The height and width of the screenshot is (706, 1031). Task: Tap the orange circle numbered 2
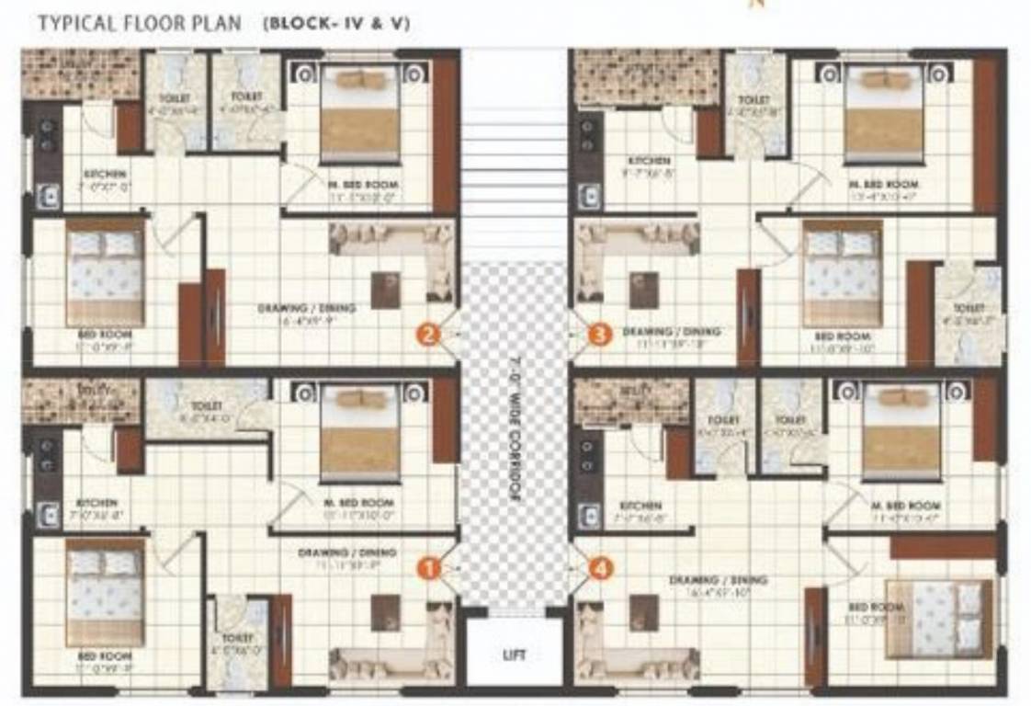point(427,335)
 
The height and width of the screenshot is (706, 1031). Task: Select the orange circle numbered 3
point(599,335)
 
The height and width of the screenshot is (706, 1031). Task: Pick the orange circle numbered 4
point(599,569)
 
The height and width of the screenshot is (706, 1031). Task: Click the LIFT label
point(515,655)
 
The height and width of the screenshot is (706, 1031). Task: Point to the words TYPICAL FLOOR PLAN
point(139,24)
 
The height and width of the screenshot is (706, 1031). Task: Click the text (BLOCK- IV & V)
point(336,24)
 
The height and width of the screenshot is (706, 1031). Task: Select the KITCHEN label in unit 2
point(105,174)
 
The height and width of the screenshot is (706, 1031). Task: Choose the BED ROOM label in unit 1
point(104,656)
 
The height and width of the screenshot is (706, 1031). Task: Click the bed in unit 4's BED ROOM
point(938,619)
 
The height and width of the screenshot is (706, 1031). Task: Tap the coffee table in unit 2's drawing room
point(385,290)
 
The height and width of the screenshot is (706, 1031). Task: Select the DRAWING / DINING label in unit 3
point(672,331)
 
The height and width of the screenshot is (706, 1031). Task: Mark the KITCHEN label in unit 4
point(640,506)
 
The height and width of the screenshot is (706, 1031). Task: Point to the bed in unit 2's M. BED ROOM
point(360,115)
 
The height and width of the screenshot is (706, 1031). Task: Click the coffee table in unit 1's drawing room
point(385,612)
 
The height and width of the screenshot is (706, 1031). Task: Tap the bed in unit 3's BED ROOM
point(842,273)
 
